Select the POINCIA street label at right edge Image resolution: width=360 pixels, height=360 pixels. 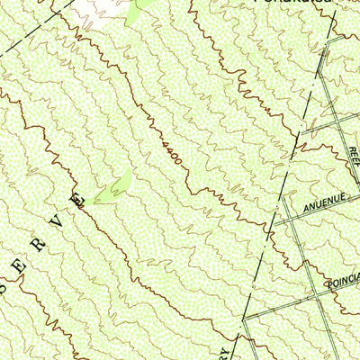pyautogui.click(x=343, y=281)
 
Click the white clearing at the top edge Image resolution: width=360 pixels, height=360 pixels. pyautogui.click(x=99, y=8)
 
